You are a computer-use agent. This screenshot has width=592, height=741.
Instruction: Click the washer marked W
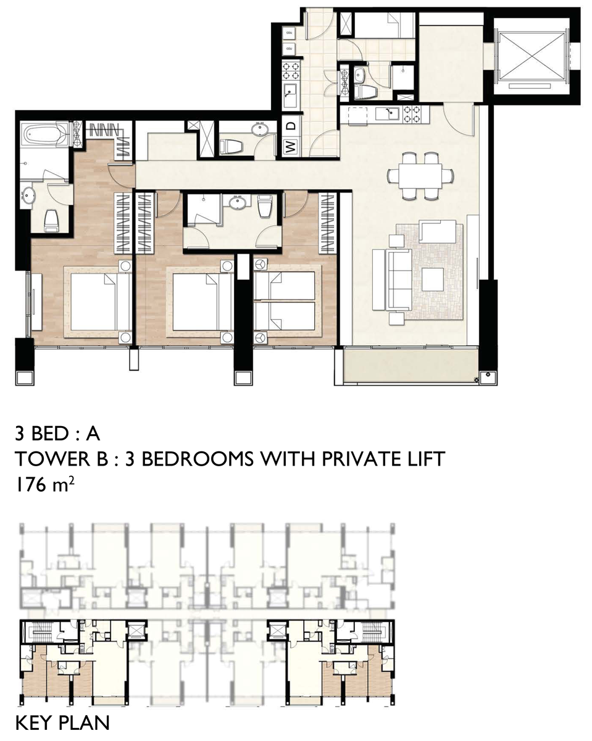tap(291, 147)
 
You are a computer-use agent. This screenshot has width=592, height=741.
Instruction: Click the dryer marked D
tap(291, 125)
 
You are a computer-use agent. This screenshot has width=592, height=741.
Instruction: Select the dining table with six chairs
tap(420, 175)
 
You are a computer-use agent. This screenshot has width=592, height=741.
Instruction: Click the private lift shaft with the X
tap(532, 56)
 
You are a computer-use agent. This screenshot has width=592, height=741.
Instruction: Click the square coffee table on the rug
tap(433, 280)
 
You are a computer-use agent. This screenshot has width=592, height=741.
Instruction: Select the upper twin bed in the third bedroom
tap(285, 285)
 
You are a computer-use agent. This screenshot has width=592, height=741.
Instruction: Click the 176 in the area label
tap(31, 485)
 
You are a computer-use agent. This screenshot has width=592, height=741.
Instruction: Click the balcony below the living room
tap(411, 365)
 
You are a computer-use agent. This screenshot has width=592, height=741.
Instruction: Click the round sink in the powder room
tap(259, 130)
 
